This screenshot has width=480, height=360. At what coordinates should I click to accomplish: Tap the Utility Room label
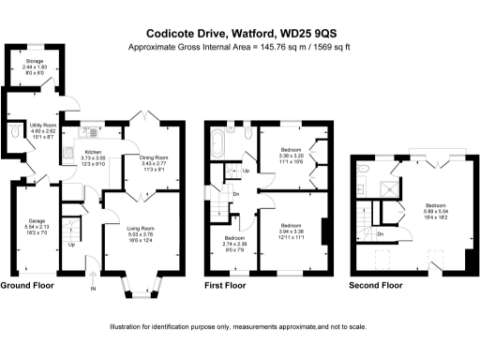(44, 129)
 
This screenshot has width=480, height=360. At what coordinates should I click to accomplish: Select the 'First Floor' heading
(232, 284)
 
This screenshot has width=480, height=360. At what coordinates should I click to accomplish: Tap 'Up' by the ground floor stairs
(71, 245)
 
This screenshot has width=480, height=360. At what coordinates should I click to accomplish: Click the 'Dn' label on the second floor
(380, 233)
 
